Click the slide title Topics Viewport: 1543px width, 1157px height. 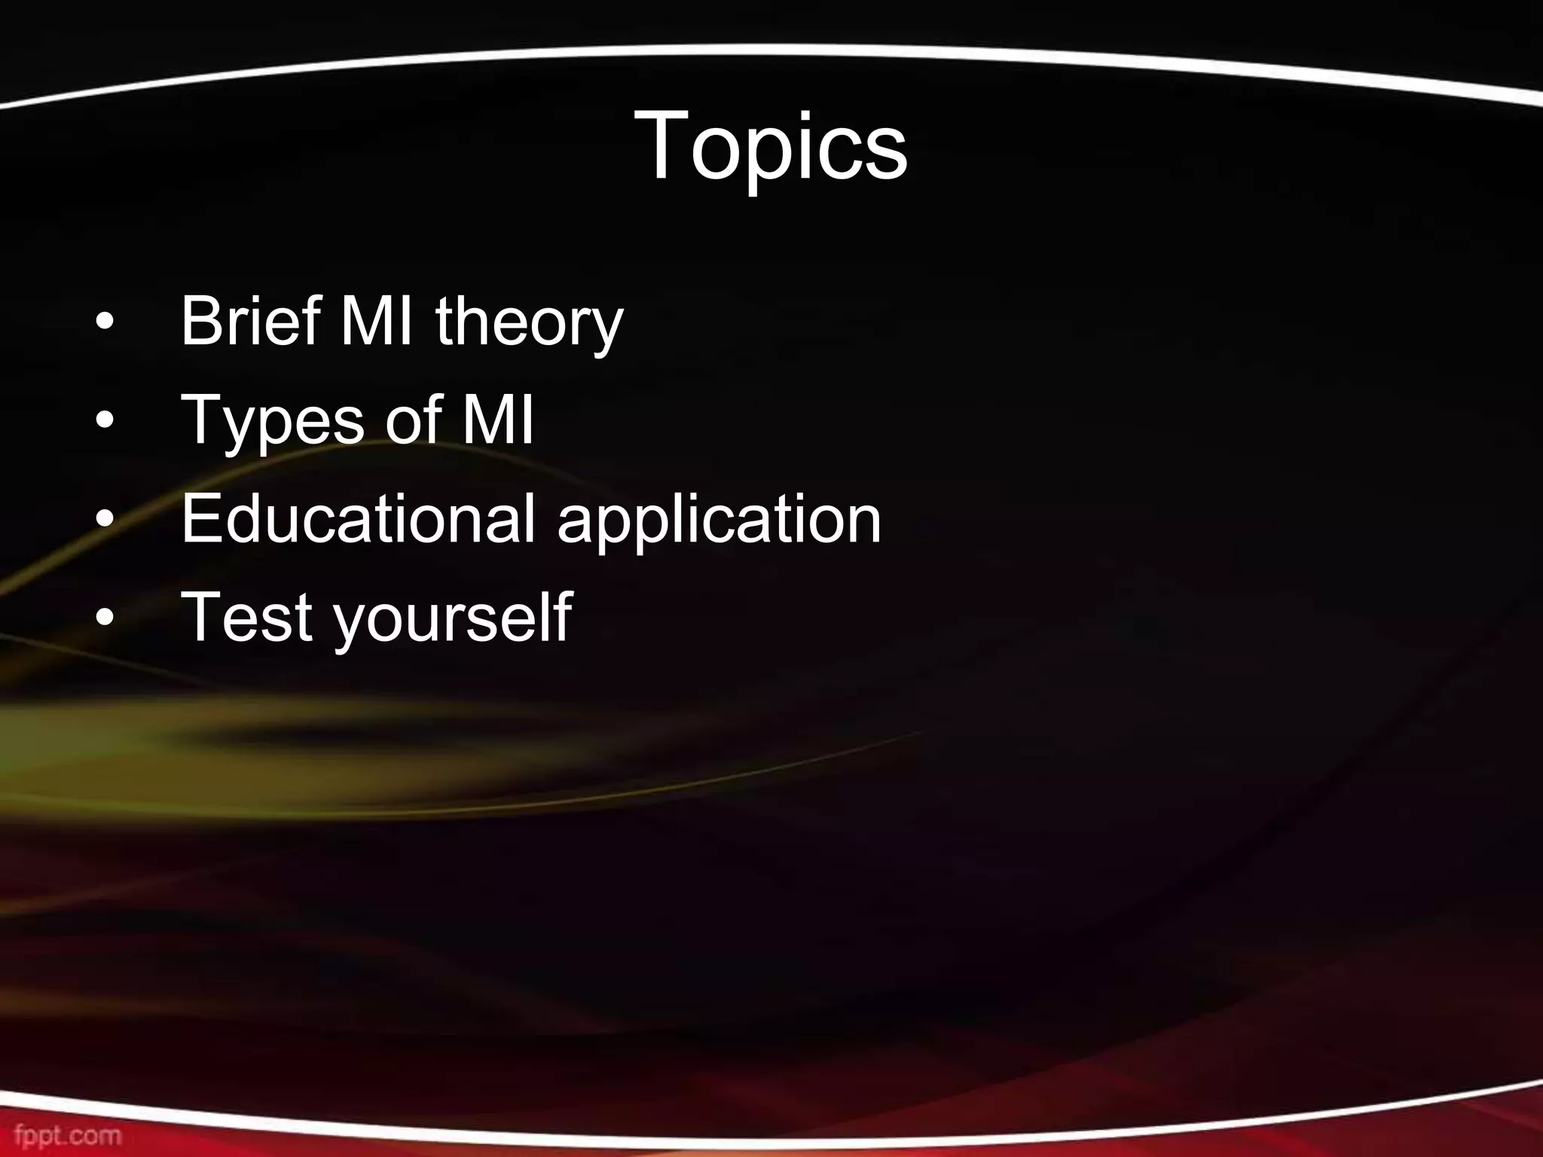coord(771,147)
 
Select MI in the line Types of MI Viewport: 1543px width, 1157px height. coord(497,420)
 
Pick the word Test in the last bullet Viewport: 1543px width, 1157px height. coord(248,617)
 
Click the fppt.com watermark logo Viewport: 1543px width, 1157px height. coord(68,1134)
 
